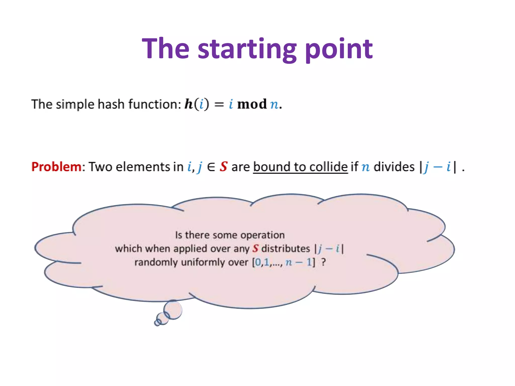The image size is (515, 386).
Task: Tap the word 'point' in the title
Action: (x=339, y=49)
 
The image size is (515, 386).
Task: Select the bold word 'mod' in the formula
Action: (x=252, y=104)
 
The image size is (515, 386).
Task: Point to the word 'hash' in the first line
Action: (x=111, y=104)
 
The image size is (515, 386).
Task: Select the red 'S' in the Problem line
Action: (x=223, y=167)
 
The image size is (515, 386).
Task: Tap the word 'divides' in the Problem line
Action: (x=394, y=167)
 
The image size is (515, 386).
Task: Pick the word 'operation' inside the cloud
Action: (x=263, y=235)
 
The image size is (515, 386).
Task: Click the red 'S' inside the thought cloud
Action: (x=255, y=249)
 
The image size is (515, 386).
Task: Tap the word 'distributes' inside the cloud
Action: (x=285, y=249)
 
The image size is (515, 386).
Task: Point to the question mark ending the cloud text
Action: (x=323, y=262)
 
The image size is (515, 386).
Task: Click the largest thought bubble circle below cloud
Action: (x=173, y=310)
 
